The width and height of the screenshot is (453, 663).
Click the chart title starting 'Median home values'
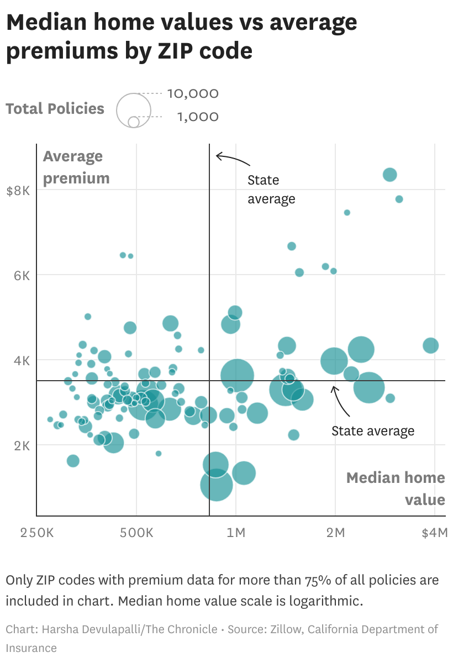[182, 36]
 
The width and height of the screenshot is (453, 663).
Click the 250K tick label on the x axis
[37, 533]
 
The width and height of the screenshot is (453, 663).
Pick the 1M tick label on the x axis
[236, 533]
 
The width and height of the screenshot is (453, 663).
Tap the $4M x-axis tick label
[434, 533]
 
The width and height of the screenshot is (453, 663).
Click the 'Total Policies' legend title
[55, 108]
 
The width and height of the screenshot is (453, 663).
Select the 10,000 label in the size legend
[193, 94]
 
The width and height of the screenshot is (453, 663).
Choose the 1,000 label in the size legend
[198, 117]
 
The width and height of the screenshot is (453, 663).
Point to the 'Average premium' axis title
[76, 167]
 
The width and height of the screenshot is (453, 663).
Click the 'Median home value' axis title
[396, 488]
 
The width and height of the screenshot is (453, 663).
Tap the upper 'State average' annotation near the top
[271, 190]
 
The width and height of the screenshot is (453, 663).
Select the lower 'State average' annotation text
[372, 431]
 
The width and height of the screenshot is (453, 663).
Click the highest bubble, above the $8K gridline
[390, 175]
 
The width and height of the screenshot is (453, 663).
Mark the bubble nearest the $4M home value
[430, 345]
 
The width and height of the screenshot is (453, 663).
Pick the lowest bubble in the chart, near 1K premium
[216, 485]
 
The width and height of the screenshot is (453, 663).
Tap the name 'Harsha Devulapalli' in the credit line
[77, 629]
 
